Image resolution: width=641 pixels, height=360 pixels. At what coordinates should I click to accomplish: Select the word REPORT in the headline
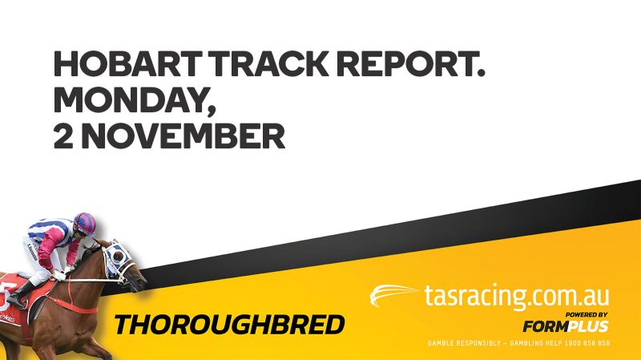coord(404,64)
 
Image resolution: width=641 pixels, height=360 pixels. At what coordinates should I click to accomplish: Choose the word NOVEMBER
coord(183,136)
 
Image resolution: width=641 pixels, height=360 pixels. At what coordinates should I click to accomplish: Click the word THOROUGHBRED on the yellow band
coord(229,325)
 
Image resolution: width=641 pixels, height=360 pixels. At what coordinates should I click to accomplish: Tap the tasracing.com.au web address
coord(517,296)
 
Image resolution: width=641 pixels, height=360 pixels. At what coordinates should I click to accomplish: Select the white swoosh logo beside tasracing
coord(393,294)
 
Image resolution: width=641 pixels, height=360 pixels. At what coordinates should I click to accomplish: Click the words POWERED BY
coord(587,314)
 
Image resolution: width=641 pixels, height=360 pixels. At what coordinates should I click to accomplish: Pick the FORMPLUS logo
coord(566,326)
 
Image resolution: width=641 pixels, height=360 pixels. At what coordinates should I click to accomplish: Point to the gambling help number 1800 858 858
coord(587,343)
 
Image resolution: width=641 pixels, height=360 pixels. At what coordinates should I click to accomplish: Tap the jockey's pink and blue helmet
coord(85,224)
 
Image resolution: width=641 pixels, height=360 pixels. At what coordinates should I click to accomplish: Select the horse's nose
coord(142,283)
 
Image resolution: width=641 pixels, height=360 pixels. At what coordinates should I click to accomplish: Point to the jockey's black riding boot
coord(18,295)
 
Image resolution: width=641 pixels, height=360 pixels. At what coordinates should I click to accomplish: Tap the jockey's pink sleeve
coord(49,249)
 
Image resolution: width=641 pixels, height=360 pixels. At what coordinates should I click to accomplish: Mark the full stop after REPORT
coord(480,74)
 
